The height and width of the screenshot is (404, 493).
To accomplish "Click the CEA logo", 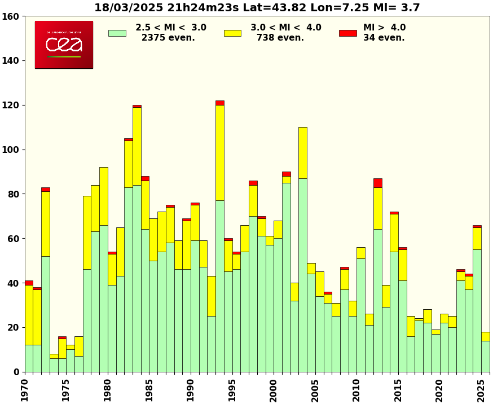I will point(64,45).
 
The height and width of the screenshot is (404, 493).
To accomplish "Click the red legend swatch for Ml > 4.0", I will point(347,33).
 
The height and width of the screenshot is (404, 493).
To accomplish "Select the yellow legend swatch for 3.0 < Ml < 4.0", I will point(232,33).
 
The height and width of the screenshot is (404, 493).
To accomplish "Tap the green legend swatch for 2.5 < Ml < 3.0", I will point(117,33).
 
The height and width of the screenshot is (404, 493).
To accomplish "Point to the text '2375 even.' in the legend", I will point(168,38).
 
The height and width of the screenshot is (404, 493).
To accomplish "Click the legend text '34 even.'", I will point(384,38).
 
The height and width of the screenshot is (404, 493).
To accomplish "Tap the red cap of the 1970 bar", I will point(29,283).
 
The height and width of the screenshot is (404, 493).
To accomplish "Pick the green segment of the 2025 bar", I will point(485,356).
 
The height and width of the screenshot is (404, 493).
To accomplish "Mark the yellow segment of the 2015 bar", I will point(402,265).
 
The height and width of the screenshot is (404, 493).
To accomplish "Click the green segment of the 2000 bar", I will point(278,305).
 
